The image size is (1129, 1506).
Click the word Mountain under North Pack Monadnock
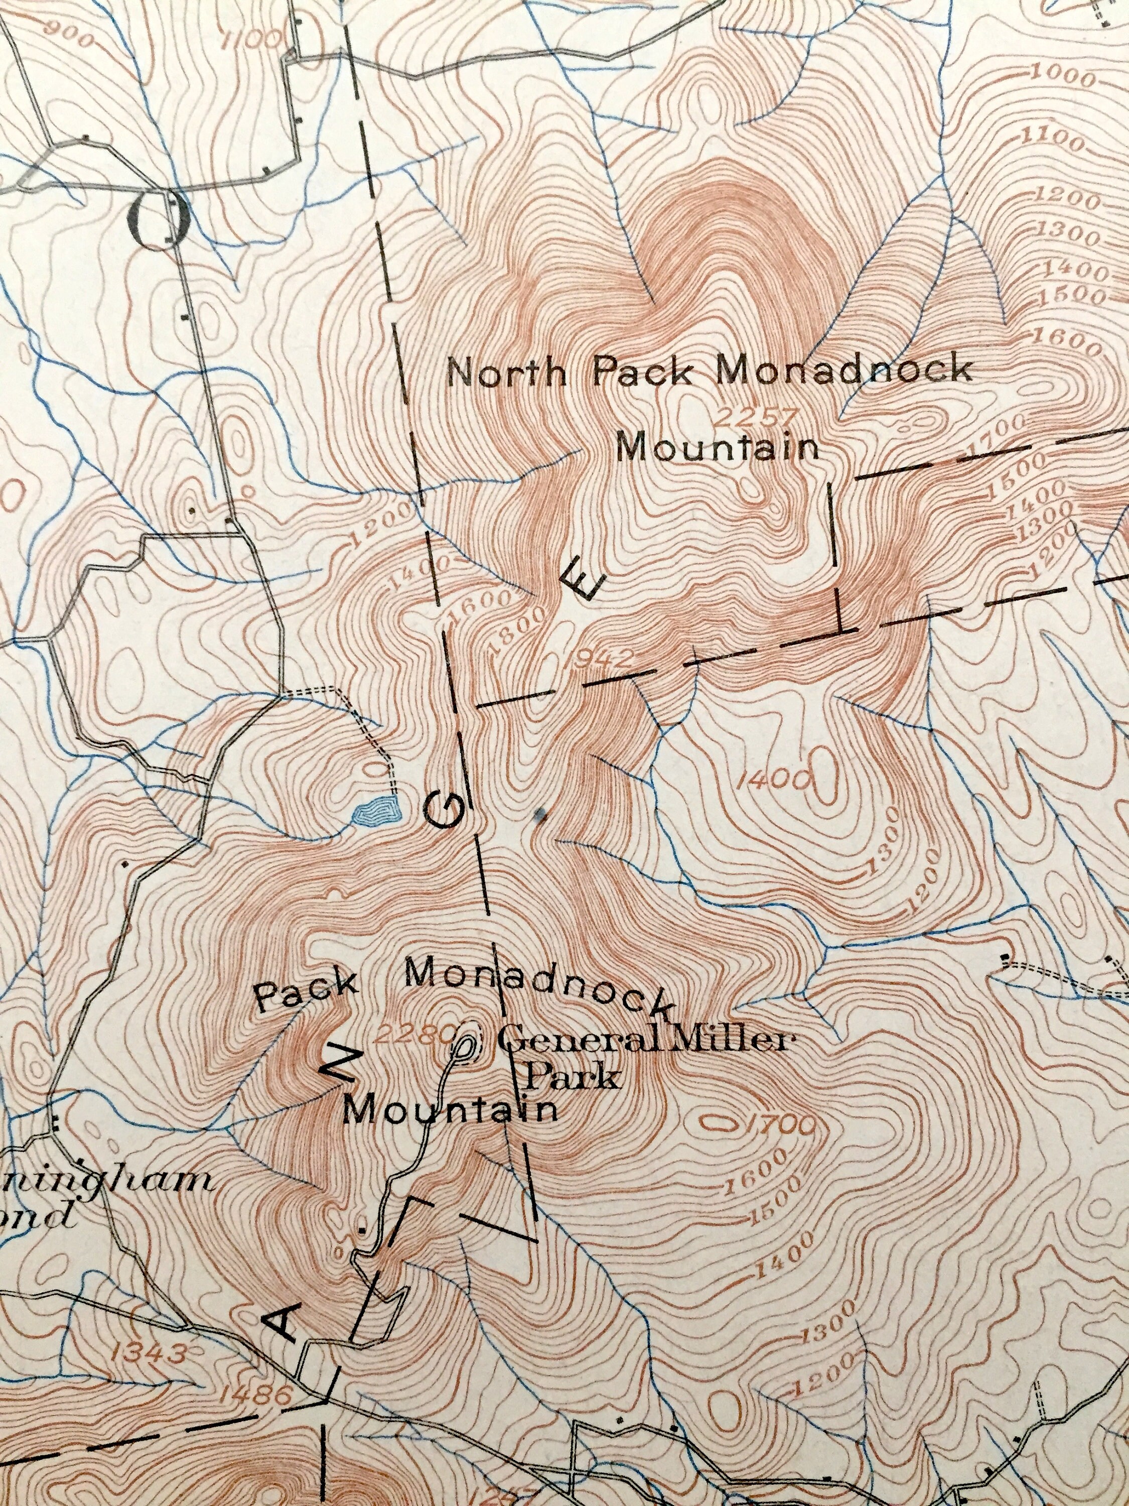click(x=720, y=449)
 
